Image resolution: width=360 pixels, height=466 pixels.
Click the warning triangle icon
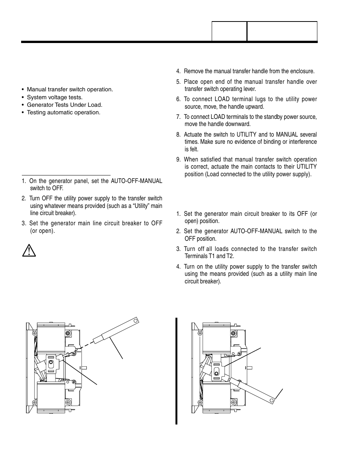click(x=29, y=251)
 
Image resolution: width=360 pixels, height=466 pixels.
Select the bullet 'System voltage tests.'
click(x=54, y=97)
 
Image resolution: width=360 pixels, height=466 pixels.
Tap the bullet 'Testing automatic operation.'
click(x=63, y=112)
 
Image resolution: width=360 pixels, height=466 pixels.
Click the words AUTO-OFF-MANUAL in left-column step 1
click(x=136, y=181)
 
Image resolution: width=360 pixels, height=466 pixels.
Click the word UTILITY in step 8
click(x=246, y=134)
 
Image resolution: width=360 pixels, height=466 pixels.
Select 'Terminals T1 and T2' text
click(x=209, y=256)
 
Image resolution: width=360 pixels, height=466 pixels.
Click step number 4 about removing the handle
click(x=178, y=71)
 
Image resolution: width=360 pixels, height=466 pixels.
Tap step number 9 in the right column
click(x=178, y=160)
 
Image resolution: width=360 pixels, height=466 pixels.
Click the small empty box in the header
click(x=229, y=31)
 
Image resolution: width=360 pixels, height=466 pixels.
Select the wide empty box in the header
click(x=282, y=31)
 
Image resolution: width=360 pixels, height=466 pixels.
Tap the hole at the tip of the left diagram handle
click(x=136, y=321)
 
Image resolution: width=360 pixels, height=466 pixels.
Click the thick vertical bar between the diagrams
click(x=176, y=371)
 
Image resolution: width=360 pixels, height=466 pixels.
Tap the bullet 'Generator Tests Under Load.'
click(x=64, y=105)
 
